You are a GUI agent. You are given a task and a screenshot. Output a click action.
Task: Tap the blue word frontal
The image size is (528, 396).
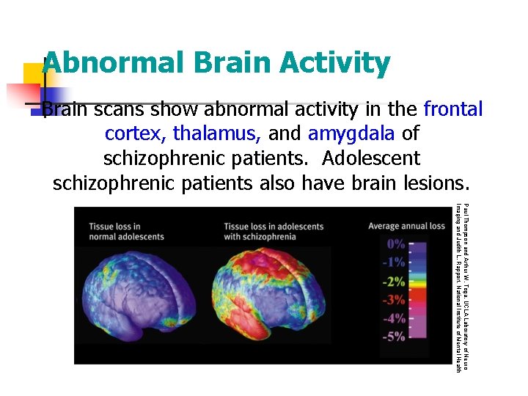(x=453, y=110)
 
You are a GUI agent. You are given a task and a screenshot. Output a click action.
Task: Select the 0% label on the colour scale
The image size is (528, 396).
(x=395, y=244)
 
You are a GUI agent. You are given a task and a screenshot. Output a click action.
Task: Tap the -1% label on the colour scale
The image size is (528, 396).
(x=395, y=263)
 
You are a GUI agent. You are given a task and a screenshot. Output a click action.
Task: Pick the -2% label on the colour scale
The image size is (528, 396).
(x=395, y=282)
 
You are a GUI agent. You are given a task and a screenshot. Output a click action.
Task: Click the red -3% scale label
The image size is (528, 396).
(x=395, y=300)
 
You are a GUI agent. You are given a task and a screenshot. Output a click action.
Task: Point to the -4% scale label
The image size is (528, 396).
(x=395, y=318)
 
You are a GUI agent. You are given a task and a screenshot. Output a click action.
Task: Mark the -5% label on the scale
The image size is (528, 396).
(x=395, y=337)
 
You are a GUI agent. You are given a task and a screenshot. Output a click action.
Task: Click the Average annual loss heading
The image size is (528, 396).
(x=406, y=226)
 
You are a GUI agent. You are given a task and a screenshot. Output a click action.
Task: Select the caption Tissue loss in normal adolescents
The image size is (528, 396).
(x=126, y=232)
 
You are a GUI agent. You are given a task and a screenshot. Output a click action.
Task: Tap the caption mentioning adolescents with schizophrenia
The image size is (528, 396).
(x=273, y=232)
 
